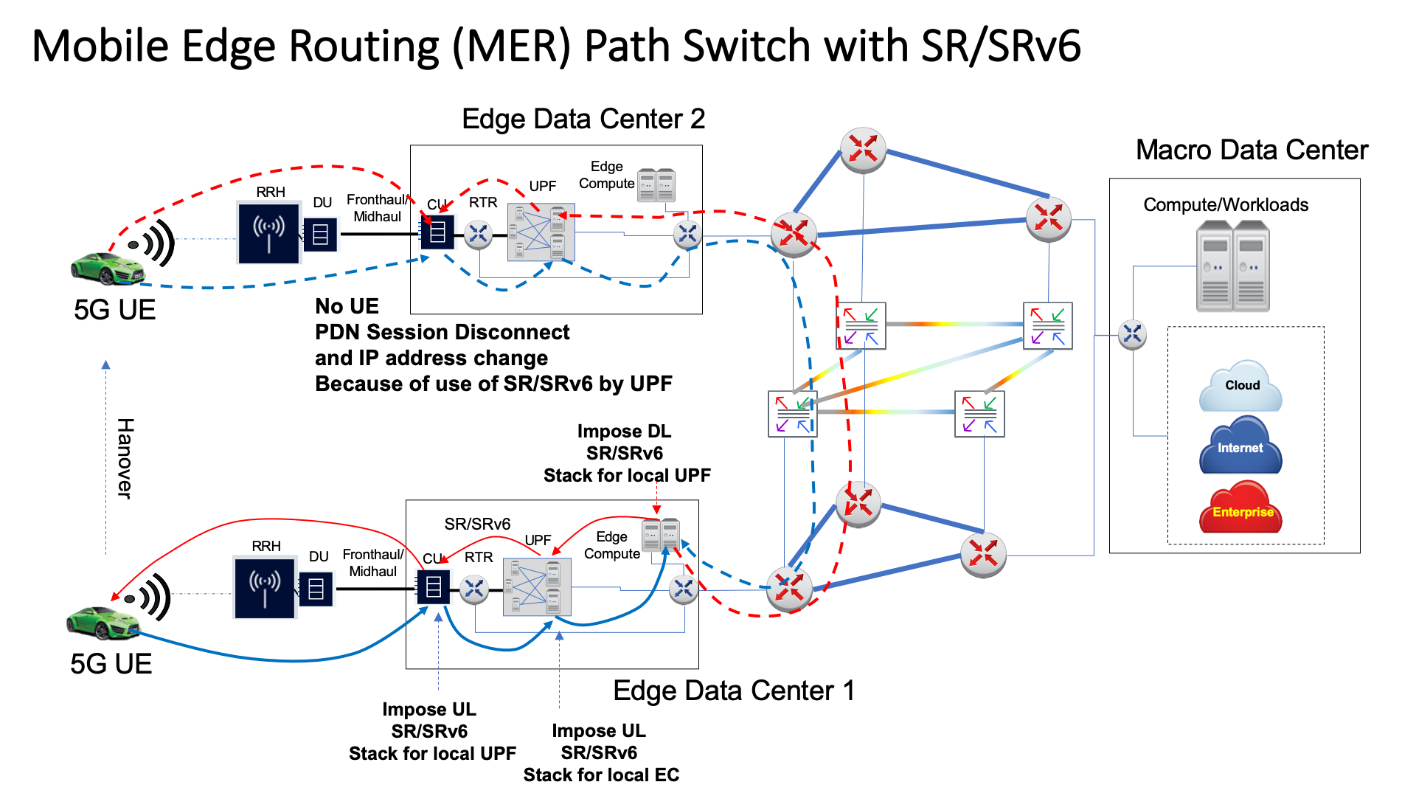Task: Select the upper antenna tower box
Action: [268, 232]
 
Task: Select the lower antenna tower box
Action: [265, 587]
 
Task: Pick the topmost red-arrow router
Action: [863, 149]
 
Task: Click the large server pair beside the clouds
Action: [1232, 266]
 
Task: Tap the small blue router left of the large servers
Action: [1132, 334]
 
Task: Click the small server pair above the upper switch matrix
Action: [656, 185]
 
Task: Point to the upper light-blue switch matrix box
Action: [541, 232]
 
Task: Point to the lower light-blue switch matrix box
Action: [537, 587]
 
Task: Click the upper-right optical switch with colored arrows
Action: [1047, 325]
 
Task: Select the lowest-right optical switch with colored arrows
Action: [979, 414]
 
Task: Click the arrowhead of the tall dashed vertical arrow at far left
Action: [105, 365]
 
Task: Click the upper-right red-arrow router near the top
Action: [1048, 218]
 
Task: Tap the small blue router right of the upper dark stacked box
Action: [478, 235]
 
